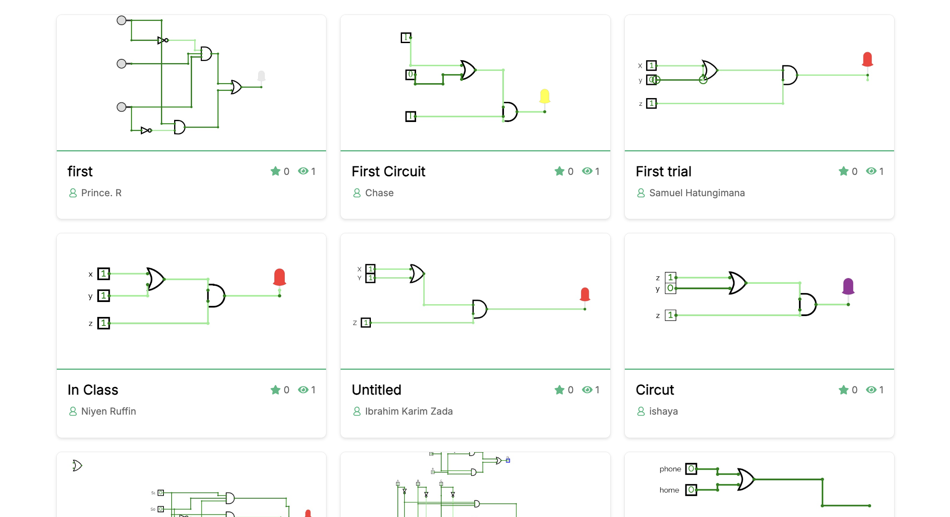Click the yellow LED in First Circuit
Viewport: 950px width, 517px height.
(545, 96)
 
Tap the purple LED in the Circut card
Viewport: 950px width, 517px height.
(848, 286)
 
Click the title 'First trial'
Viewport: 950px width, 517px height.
(663, 171)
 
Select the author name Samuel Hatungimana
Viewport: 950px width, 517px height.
(696, 193)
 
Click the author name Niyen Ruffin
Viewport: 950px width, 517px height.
(108, 411)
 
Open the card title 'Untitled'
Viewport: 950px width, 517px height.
(376, 390)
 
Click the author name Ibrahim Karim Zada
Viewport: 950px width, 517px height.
(408, 411)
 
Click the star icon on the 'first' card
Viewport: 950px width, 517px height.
(275, 171)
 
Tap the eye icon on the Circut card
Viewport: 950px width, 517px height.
(871, 390)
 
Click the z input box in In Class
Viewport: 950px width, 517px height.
(104, 323)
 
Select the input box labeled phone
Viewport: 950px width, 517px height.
(691, 469)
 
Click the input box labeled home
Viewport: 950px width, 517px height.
(691, 490)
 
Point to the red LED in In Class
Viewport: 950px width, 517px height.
(280, 277)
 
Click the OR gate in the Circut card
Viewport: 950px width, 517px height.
(737, 283)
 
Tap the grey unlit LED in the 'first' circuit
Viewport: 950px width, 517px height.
(261, 76)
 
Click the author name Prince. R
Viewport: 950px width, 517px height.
(101, 193)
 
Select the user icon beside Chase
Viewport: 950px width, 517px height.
(357, 193)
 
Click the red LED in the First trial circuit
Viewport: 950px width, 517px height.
(867, 59)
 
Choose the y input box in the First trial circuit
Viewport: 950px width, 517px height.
(652, 80)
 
